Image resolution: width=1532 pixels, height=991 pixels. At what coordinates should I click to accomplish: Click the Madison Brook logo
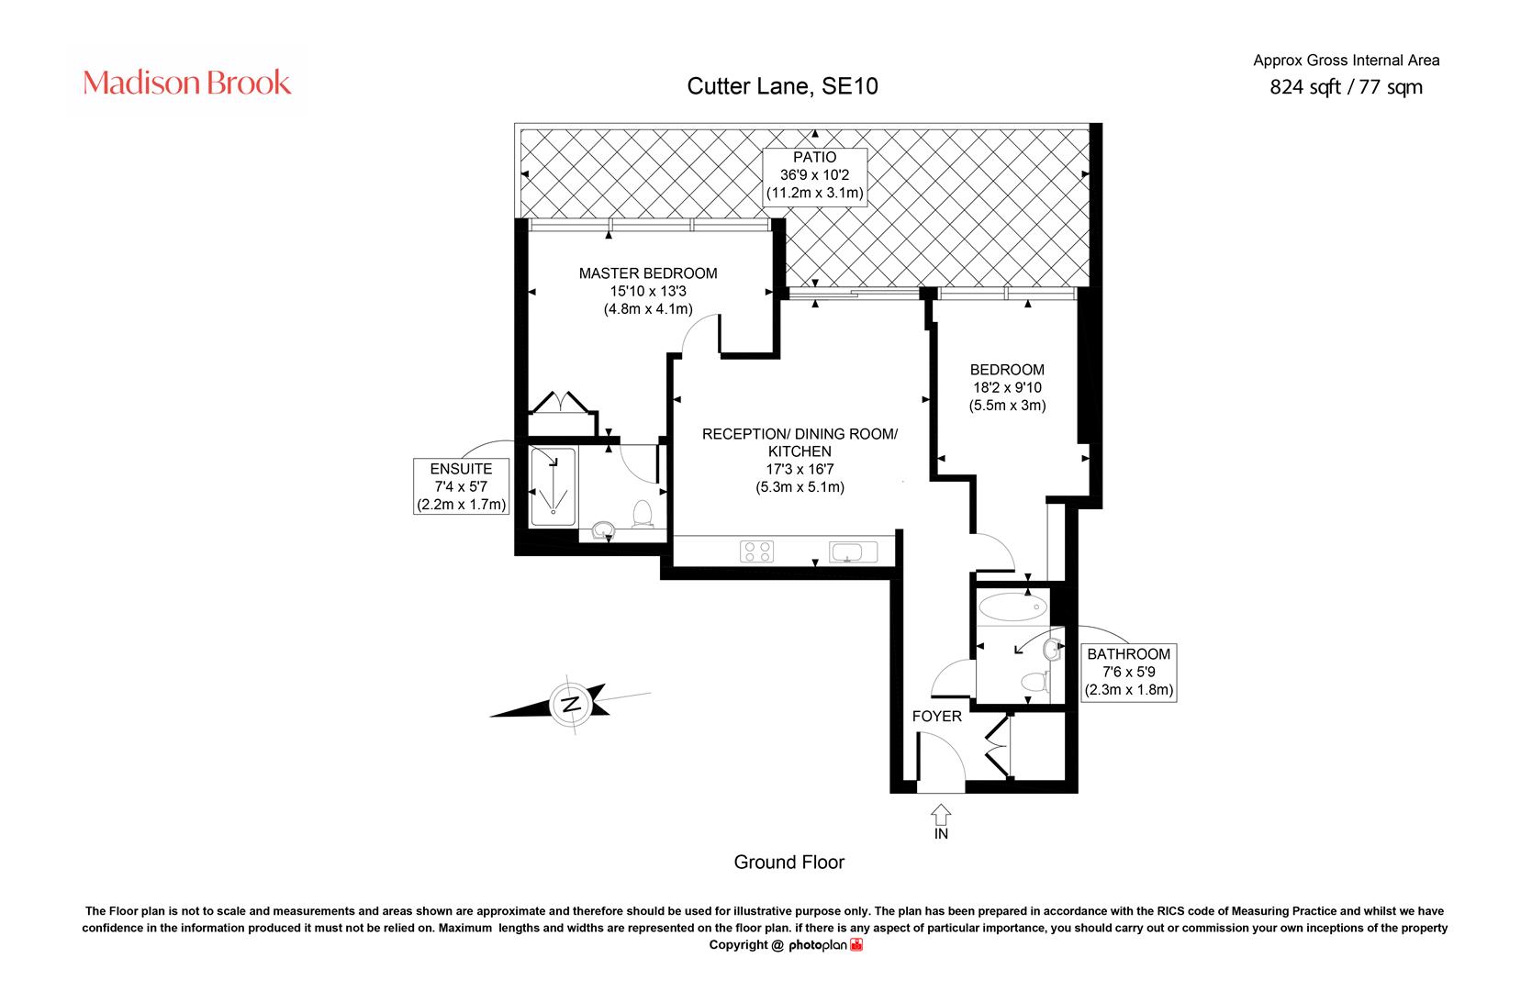(186, 83)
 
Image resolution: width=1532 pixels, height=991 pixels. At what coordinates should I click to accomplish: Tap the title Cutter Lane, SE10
(782, 86)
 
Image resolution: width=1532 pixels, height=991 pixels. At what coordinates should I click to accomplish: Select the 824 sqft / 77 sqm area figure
(1346, 87)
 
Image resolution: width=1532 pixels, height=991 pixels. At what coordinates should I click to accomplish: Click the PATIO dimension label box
(814, 176)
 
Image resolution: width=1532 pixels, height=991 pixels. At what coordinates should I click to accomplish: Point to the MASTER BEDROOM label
(648, 273)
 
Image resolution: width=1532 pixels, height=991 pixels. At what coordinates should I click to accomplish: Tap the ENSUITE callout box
(461, 486)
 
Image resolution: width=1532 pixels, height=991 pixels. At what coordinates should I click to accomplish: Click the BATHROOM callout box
(1128, 673)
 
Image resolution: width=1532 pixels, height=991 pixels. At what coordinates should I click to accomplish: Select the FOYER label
(937, 716)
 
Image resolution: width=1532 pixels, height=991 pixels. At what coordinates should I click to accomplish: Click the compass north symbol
(570, 705)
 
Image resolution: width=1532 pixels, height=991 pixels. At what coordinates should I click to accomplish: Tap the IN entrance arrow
(941, 814)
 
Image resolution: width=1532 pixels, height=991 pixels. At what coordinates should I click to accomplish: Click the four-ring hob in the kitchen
(756, 551)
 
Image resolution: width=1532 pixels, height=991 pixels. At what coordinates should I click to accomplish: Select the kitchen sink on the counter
(853, 551)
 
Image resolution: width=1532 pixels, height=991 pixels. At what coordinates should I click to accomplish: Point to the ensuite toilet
(643, 514)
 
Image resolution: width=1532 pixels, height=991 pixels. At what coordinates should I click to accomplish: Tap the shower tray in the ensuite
(554, 486)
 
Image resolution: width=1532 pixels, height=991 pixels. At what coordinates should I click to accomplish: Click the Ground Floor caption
(789, 863)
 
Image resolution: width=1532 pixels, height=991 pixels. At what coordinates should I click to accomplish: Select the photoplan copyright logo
(825, 945)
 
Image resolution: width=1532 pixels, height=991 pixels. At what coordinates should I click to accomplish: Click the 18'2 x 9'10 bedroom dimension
(1008, 388)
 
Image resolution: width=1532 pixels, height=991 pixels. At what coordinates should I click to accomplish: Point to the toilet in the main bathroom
(1034, 681)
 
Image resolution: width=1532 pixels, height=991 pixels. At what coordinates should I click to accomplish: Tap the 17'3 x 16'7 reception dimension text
(800, 470)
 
